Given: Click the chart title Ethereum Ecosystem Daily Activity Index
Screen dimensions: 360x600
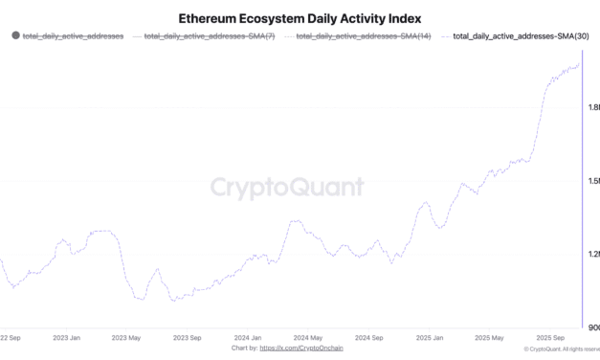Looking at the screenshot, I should [x=300, y=17].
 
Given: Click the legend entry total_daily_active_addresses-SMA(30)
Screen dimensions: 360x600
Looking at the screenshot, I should [x=521, y=35].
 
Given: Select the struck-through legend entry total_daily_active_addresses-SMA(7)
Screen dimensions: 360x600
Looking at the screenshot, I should [x=210, y=35].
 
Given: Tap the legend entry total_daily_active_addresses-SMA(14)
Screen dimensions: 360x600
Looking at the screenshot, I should [x=363, y=35].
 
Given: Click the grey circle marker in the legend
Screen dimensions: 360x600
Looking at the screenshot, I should [x=14, y=35].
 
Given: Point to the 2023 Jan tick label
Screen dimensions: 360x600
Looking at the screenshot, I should [x=66, y=337].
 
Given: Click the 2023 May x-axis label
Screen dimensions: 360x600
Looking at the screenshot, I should [x=125, y=337].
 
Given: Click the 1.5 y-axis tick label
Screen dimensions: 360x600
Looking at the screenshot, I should [x=593, y=180].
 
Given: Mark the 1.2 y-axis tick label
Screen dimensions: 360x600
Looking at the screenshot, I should [x=593, y=254].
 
